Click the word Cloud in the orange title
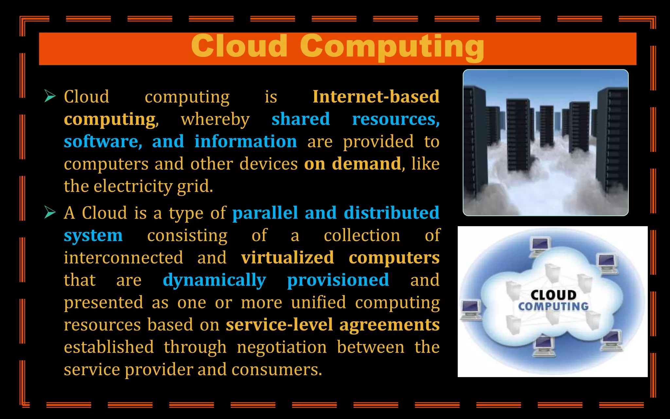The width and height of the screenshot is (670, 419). pos(239,46)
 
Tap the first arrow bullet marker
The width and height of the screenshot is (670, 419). pos(50,96)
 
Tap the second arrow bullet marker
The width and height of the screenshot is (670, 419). pos(50,212)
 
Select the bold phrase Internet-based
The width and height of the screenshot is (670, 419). pos(376,97)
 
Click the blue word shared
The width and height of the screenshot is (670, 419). pos(301,119)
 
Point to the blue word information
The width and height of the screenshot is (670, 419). pos(246,141)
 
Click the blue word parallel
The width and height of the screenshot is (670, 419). pos(265,213)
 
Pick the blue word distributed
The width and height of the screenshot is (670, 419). pos(392,213)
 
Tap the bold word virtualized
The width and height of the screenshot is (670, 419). pos(288,258)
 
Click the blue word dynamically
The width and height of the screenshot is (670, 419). pos(214,280)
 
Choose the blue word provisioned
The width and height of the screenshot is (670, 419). pos(338,280)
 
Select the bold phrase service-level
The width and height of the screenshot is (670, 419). pos(279,325)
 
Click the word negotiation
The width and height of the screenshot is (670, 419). pos(282,347)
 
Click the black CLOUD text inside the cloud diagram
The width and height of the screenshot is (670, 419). pos(553,295)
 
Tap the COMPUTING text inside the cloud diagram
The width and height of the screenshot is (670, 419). pos(553,306)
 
